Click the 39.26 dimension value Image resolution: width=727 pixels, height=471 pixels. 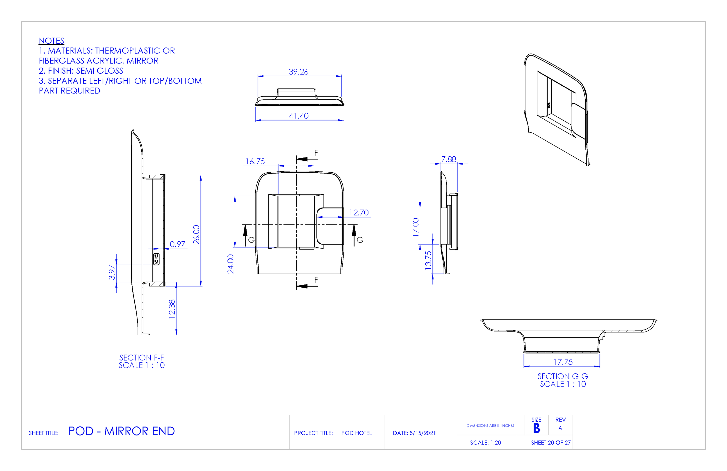[x=298, y=72]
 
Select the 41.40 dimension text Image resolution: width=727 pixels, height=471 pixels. [x=298, y=116]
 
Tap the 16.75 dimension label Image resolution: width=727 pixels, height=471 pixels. [x=255, y=162]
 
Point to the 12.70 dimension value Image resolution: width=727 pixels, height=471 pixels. [x=359, y=213]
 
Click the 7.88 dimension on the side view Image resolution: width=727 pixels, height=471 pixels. [x=448, y=159]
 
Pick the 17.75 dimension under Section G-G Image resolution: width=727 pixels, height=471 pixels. [x=563, y=362]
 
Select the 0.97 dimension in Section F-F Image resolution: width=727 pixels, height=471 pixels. [x=177, y=244]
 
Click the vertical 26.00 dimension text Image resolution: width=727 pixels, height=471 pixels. [x=196, y=235]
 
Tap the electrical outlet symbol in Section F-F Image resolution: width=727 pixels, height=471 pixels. [x=156, y=259]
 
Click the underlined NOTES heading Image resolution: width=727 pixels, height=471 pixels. [x=51, y=41]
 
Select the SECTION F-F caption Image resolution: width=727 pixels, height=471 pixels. [x=141, y=357]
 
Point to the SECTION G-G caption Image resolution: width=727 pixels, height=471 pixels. [x=563, y=376]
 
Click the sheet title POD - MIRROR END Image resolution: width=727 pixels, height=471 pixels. [x=121, y=431]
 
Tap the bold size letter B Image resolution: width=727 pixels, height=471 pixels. [x=537, y=428]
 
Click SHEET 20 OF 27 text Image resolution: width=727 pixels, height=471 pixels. [x=551, y=442]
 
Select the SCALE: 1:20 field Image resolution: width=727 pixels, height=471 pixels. [x=485, y=442]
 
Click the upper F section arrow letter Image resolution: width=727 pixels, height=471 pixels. [x=316, y=153]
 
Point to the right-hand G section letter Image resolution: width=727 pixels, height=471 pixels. [x=360, y=240]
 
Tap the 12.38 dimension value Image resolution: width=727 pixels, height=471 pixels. [x=172, y=309]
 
